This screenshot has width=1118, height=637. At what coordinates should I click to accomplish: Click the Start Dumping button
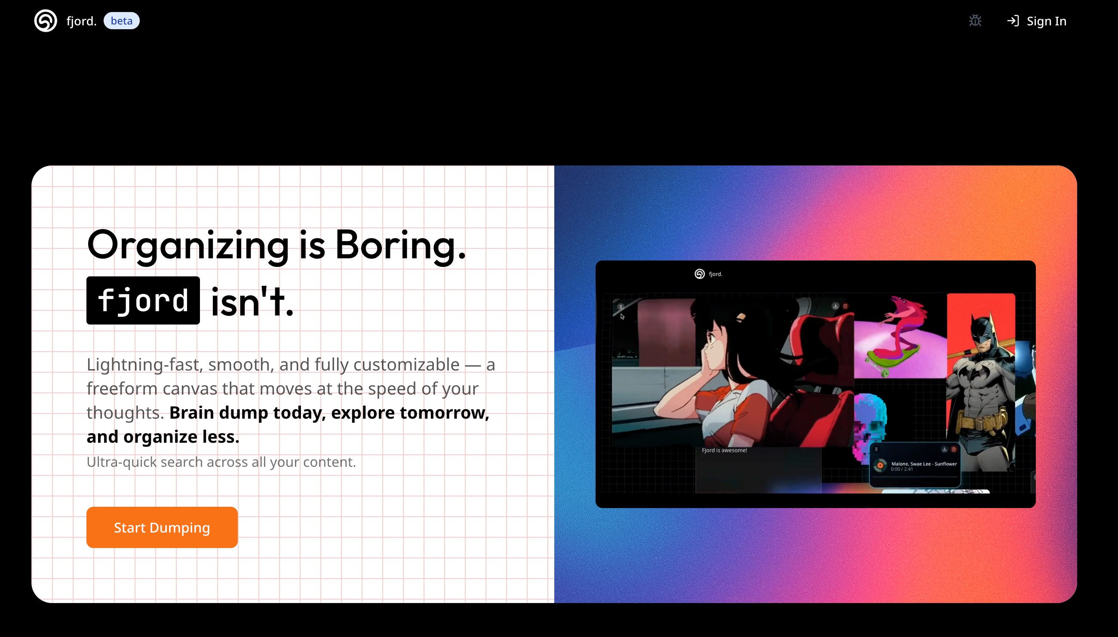[162, 527]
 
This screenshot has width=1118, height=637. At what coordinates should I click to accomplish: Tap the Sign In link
[1037, 21]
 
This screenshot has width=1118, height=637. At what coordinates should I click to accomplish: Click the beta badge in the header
[122, 21]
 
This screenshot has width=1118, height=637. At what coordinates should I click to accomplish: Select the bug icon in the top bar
[975, 21]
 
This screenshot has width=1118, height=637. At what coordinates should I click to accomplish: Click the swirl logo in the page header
[46, 21]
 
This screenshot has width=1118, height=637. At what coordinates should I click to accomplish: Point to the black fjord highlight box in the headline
[143, 300]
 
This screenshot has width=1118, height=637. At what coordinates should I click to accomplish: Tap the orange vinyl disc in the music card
[880, 465]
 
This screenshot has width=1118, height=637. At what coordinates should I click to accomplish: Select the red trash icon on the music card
[954, 449]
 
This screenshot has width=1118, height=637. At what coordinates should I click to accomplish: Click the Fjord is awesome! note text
[725, 450]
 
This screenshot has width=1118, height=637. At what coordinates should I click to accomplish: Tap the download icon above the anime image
[836, 306]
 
